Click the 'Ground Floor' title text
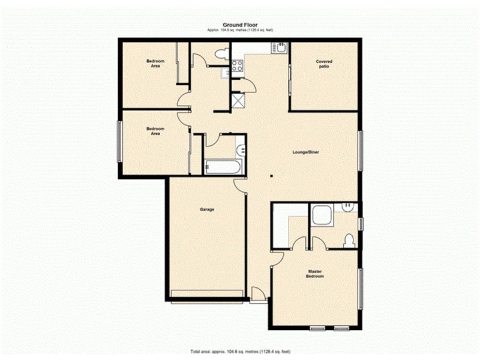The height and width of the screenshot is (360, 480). (x=239, y=25)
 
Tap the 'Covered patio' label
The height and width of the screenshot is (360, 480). (x=324, y=64)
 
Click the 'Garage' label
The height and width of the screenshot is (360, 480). (x=207, y=209)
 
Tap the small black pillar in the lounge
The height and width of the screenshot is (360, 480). (x=271, y=176)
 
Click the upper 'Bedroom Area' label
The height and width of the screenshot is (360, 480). (x=156, y=64)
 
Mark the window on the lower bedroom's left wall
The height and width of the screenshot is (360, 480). (x=119, y=141)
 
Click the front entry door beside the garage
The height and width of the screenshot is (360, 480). (x=257, y=294)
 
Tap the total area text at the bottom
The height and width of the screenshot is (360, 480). (x=239, y=350)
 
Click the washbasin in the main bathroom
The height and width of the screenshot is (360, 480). (x=240, y=149)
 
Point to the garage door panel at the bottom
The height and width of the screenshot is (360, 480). (x=207, y=293)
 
